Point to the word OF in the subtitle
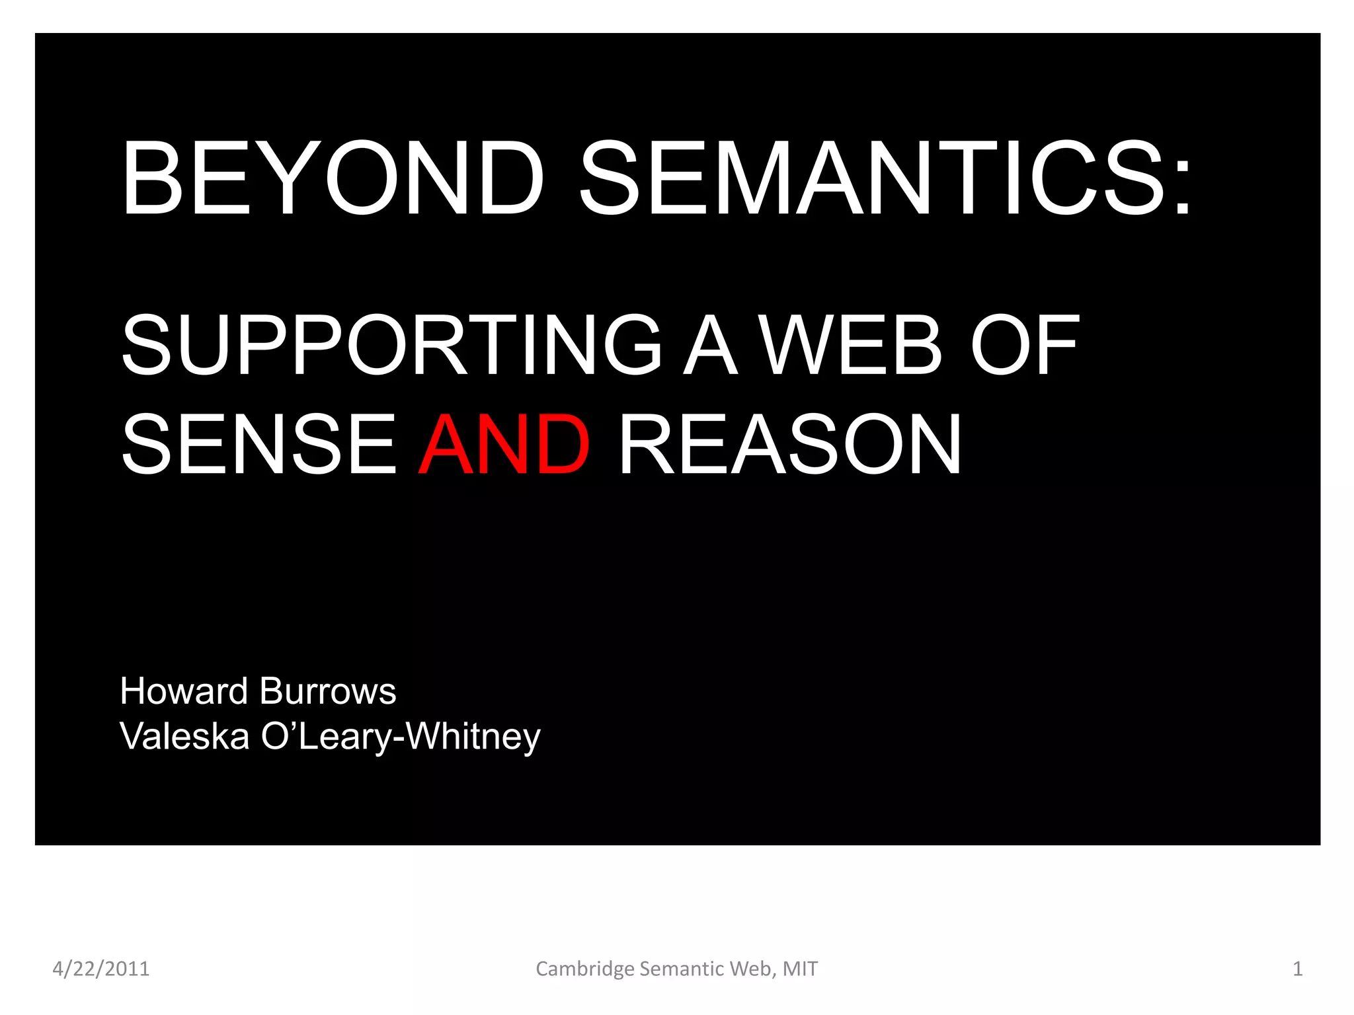tap(1024, 345)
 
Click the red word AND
tap(504, 444)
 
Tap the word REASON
tap(790, 444)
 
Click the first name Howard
tap(184, 691)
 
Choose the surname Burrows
tap(328, 691)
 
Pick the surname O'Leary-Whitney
tap(401, 737)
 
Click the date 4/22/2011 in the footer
tap(101, 969)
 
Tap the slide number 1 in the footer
tap(1297, 969)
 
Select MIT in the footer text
tap(800, 969)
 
